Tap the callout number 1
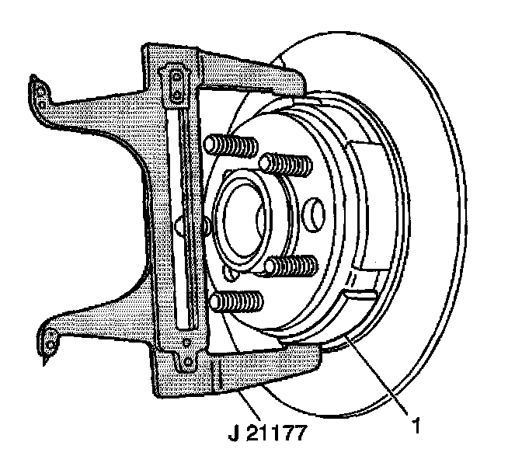tap(417, 426)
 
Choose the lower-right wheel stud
tap(291, 266)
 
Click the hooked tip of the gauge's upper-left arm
tap(37, 87)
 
